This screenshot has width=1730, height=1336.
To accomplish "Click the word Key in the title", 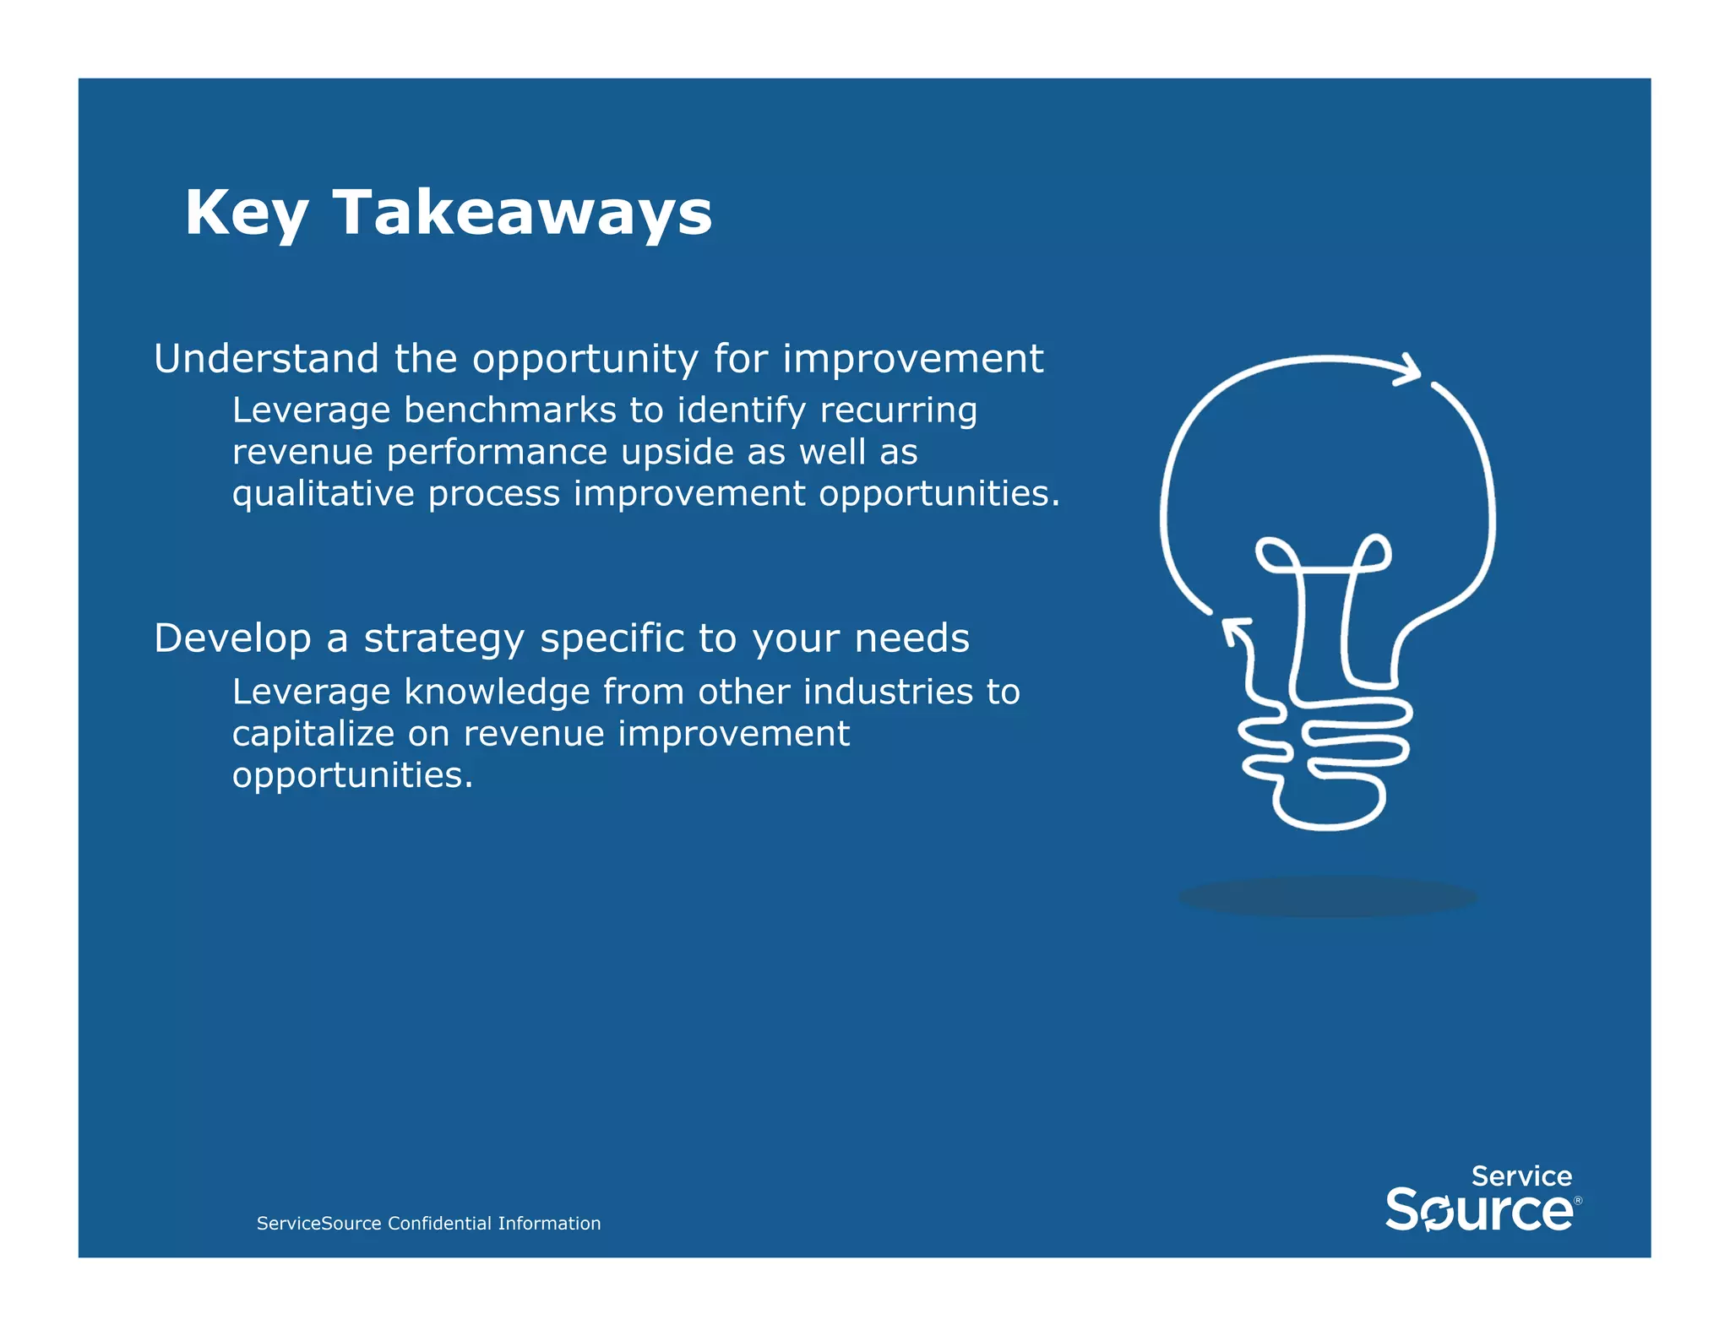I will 246,213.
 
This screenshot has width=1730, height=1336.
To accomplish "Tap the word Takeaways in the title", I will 523,213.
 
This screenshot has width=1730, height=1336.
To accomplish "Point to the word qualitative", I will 324,494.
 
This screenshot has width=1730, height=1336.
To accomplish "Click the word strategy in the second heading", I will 444,638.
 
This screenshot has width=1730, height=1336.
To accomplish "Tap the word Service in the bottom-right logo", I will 1521,1176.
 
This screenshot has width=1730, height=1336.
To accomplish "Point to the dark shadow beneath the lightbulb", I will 1328,897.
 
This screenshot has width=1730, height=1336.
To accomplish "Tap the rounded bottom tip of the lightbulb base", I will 1328,823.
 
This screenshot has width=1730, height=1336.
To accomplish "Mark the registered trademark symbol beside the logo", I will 1578,1200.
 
